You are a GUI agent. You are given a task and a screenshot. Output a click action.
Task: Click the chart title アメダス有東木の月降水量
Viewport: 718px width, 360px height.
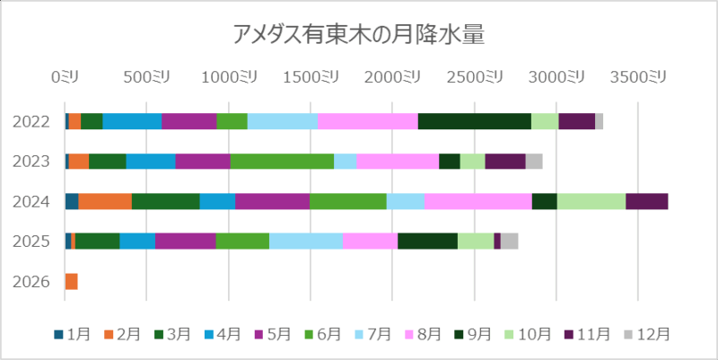pyautogui.click(x=358, y=35)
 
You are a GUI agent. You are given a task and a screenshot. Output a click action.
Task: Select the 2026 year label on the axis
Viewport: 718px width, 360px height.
pyautogui.click(x=31, y=282)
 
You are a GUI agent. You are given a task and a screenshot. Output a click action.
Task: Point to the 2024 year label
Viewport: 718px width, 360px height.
pyautogui.click(x=31, y=201)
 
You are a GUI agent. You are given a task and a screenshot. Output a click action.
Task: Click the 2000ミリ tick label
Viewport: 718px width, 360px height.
pyautogui.click(x=391, y=78)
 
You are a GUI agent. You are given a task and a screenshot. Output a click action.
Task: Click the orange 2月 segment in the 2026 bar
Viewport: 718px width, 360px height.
pyautogui.click(x=72, y=282)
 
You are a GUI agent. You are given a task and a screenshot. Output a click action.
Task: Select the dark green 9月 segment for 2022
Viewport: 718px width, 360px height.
pyautogui.click(x=474, y=121)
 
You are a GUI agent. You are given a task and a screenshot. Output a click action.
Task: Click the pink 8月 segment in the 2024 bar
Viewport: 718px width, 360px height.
pyautogui.click(x=477, y=201)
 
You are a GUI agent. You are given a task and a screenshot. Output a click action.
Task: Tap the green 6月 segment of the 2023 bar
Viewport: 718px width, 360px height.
pyautogui.click(x=282, y=162)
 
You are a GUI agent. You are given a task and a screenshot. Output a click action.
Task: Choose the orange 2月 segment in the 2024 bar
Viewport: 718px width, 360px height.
pyautogui.click(x=105, y=201)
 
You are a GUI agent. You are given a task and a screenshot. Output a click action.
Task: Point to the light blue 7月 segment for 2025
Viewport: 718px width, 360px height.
pyautogui.click(x=305, y=241)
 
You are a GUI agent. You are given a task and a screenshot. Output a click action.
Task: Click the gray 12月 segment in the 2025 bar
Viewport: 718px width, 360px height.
pyautogui.click(x=509, y=241)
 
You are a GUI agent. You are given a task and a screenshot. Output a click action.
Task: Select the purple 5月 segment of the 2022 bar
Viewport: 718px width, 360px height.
pyautogui.click(x=188, y=121)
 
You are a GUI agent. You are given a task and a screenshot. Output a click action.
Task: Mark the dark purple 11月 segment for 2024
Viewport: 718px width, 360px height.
pyautogui.click(x=646, y=201)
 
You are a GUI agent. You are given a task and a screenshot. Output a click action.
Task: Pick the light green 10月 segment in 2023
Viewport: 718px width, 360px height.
pyautogui.click(x=472, y=162)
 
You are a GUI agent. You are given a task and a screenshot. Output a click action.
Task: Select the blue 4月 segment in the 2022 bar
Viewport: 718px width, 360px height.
pyautogui.click(x=132, y=121)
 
